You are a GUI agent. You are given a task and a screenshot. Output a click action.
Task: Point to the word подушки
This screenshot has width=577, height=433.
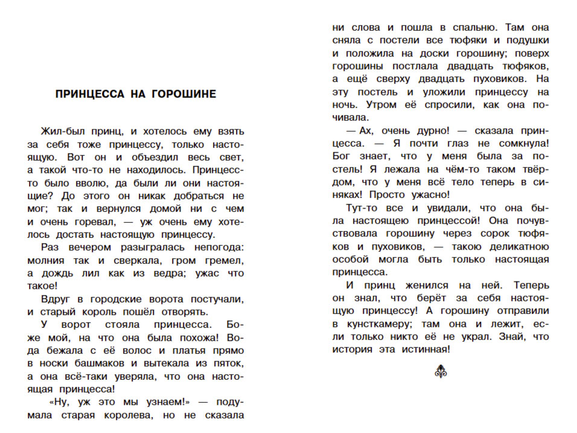pyautogui.click(x=526, y=40)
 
